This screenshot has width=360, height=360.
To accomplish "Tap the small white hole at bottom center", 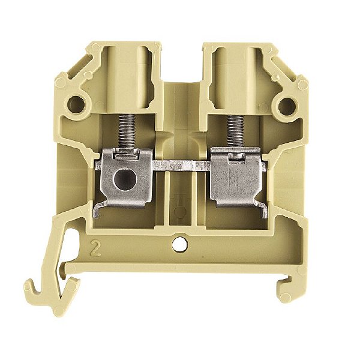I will [178, 244].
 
